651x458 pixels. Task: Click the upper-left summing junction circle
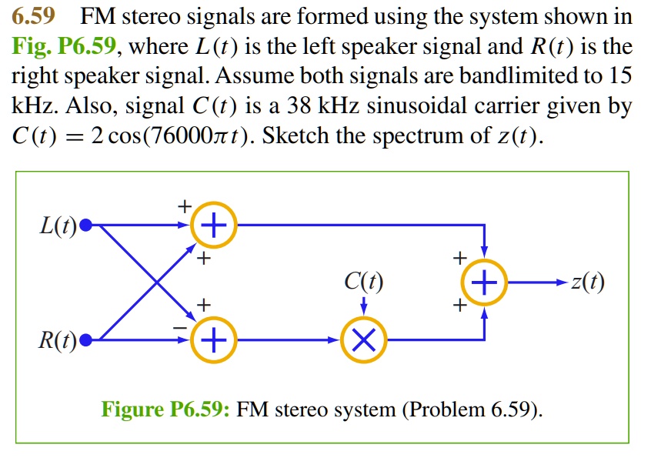point(213,226)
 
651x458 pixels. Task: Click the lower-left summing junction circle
point(213,339)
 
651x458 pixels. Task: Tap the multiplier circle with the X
point(364,339)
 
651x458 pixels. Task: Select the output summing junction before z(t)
point(483,282)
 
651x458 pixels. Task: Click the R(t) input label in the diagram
point(58,339)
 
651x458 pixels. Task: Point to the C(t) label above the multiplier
point(364,283)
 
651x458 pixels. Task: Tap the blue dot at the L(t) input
point(86,226)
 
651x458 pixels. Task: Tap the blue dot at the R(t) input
point(86,339)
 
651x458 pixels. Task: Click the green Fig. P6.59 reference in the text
point(65,48)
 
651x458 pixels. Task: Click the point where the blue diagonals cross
point(158,282)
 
